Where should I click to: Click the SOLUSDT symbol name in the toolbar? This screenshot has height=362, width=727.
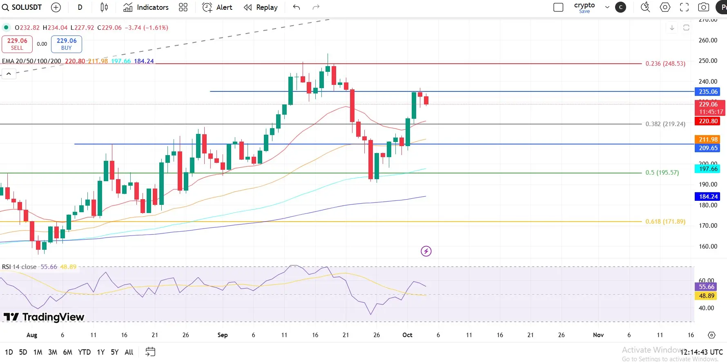pyautogui.click(x=27, y=7)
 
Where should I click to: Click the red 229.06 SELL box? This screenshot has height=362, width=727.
pyautogui.click(x=17, y=44)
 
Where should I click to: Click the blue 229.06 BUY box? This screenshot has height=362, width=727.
pyautogui.click(x=67, y=44)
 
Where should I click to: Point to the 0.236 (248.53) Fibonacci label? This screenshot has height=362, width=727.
pyautogui.click(x=665, y=64)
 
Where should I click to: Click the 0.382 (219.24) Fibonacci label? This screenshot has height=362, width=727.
pyautogui.click(x=665, y=124)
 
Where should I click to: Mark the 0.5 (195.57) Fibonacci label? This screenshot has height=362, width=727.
pyautogui.click(x=662, y=173)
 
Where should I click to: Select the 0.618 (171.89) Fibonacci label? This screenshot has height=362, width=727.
pyautogui.click(x=665, y=222)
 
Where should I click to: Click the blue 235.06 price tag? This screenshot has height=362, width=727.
pyautogui.click(x=708, y=92)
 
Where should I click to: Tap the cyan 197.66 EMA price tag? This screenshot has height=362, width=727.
pyautogui.click(x=708, y=169)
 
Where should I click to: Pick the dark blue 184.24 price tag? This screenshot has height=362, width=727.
pyautogui.click(x=708, y=197)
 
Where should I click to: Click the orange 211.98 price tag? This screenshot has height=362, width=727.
pyautogui.click(x=708, y=140)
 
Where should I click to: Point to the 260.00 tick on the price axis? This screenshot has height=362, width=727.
pyautogui.click(x=708, y=40)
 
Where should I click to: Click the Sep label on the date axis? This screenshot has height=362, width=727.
pyautogui.click(x=223, y=335)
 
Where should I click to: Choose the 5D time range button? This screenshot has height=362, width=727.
pyautogui.click(x=23, y=352)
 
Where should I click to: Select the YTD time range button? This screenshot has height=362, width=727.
pyautogui.click(x=84, y=352)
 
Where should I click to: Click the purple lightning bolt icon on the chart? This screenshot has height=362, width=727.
pyautogui.click(x=426, y=251)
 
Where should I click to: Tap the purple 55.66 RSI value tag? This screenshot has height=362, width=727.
pyautogui.click(x=707, y=287)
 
